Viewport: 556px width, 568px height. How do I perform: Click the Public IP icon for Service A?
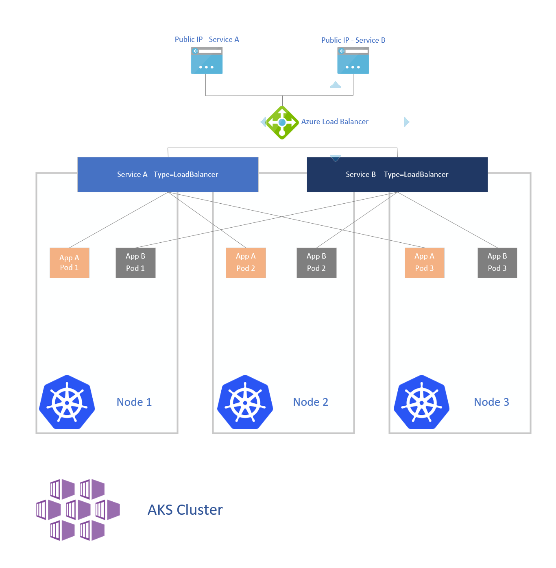pos(207,61)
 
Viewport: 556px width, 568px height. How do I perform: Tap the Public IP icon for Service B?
pos(353,61)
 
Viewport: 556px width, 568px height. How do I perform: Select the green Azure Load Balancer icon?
pos(282,122)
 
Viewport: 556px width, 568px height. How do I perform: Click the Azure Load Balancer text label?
pos(335,122)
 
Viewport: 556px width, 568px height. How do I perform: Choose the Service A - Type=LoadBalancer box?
pos(168,174)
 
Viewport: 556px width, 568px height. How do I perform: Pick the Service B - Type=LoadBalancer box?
pos(397,174)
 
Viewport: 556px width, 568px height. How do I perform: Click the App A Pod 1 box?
pos(69,263)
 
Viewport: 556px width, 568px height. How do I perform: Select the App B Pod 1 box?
pos(135,263)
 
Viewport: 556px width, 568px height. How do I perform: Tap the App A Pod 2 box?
pos(246,263)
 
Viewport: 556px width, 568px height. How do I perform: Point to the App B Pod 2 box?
pos(316,263)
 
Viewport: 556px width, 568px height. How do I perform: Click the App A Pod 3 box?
pos(424,263)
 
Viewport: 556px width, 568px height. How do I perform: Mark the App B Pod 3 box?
pos(497,263)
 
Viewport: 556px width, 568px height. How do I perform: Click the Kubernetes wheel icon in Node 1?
pos(67,402)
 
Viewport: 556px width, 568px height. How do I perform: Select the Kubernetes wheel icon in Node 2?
pos(245,402)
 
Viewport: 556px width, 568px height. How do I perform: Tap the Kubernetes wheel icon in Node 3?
pos(422,402)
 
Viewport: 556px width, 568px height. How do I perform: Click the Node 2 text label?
pos(310,402)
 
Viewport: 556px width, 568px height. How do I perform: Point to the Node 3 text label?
pos(491,402)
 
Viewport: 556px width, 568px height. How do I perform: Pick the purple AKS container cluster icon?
pos(78,509)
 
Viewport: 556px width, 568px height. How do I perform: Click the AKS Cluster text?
pos(185,510)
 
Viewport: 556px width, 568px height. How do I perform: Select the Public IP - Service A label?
pos(207,39)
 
